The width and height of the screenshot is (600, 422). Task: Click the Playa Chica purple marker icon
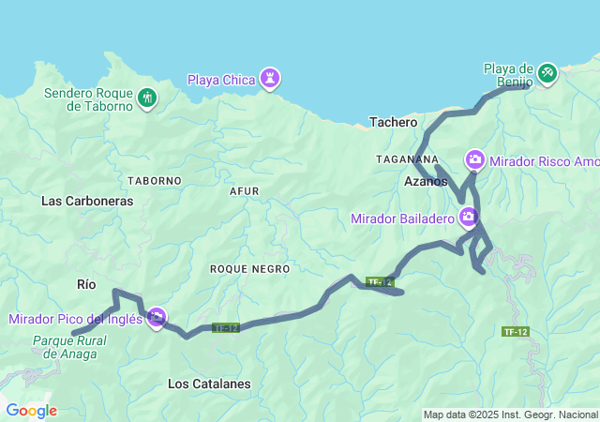pyautogui.click(x=270, y=78)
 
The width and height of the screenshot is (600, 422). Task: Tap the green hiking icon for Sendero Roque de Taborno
pyautogui.click(x=146, y=98)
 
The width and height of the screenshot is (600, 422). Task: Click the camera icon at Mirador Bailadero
pyautogui.click(x=468, y=219)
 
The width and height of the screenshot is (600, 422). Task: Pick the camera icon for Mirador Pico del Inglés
pyautogui.click(x=157, y=318)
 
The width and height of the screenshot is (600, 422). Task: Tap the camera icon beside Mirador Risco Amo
pyautogui.click(x=475, y=160)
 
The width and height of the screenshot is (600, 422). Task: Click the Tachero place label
pyautogui.click(x=393, y=122)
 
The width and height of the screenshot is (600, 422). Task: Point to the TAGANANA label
pyautogui.click(x=407, y=159)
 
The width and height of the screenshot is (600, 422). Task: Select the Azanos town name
pyautogui.click(x=426, y=181)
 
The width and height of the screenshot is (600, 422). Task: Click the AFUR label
pyautogui.click(x=244, y=191)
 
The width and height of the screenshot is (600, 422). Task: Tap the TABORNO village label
pyautogui.click(x=154, y=180)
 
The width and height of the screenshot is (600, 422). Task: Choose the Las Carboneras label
pyautogui.click(x=87, y=201)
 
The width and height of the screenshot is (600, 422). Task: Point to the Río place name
pyautogui.click(x=86, y=283)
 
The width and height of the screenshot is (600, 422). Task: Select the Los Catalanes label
pyautogui.click(x=209, y=384)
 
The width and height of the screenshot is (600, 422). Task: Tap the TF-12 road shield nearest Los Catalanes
pyautogui.click(x=226, y=328)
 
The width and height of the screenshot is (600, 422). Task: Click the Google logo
pyautogui.click(x=30, y=411)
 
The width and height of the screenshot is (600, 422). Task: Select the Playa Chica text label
pyautogui.click(x=221, y=80)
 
